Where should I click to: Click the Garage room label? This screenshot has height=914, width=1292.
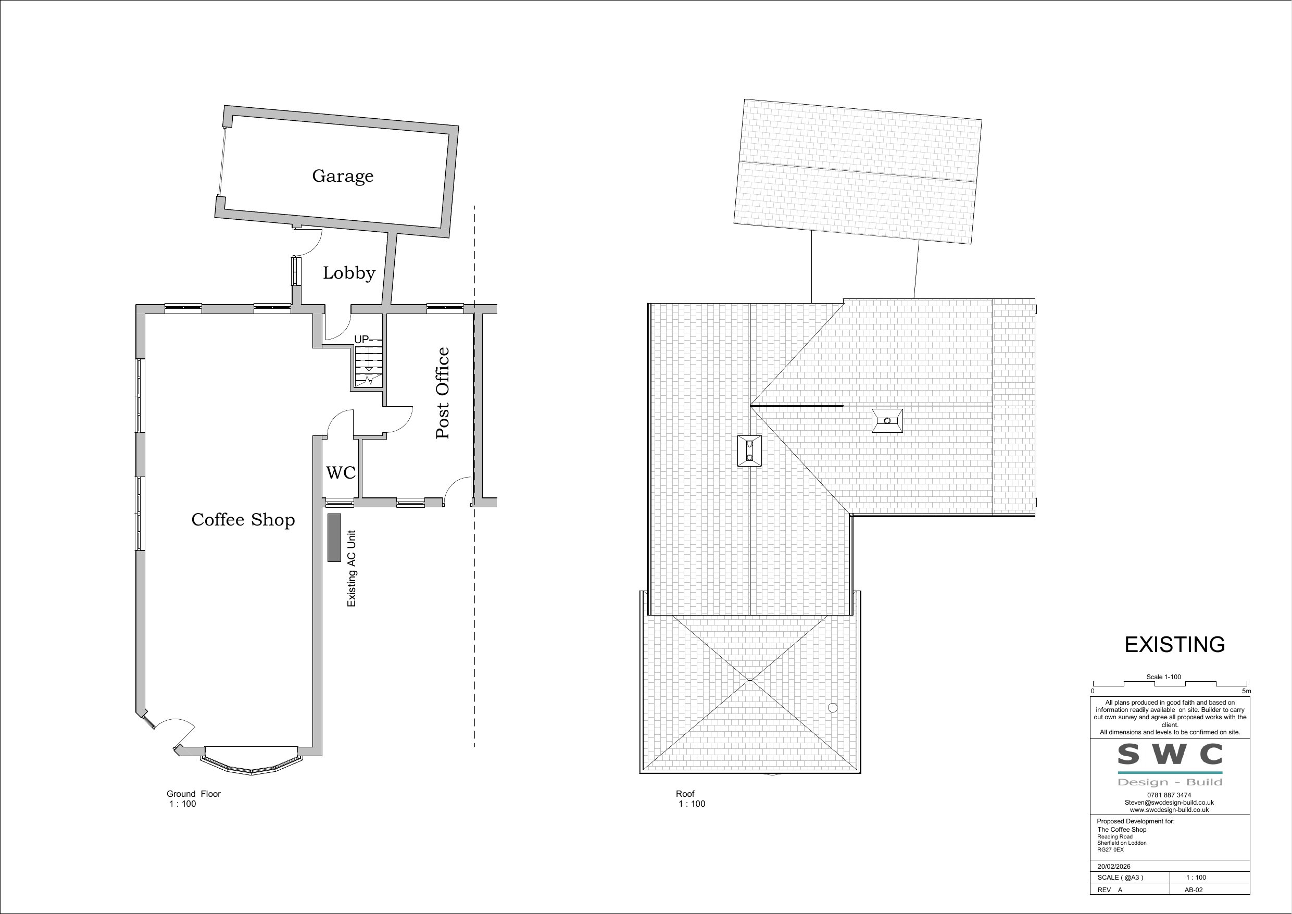click(x=343, y=176)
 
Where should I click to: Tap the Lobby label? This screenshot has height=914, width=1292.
click(x=349, y=273)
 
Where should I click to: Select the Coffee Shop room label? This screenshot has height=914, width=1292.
click(x=243, y=519)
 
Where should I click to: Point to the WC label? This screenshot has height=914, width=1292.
click(x=341, y=473)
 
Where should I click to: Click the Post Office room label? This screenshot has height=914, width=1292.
click(x=443, y=393)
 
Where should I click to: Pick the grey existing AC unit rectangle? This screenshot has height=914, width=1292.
click(x=334, y=537)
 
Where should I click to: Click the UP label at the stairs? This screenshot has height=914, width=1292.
click(x=361, y=340)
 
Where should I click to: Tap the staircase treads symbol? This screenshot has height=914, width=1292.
click(x=368, y=366)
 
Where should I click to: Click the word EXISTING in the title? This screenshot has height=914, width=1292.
click(x=1174, y=645)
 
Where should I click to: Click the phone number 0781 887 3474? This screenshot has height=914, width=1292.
click(x=1169, y=795)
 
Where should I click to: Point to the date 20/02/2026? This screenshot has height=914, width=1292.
click(x=1113, y=867)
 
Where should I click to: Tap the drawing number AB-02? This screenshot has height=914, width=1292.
click(x=1194, y=890)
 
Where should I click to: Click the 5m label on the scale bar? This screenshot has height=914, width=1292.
click(x=1246, y=691)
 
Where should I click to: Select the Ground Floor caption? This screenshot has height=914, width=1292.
click(x=194, y=794)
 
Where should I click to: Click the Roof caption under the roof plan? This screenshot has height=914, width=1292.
click(x=685, y=794)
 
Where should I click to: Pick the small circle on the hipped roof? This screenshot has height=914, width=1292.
click(x=833, y=707)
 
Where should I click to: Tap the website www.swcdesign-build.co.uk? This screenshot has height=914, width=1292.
click(x=1169, y=810)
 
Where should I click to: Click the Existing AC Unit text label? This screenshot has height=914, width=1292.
click(x=352, y=568)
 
